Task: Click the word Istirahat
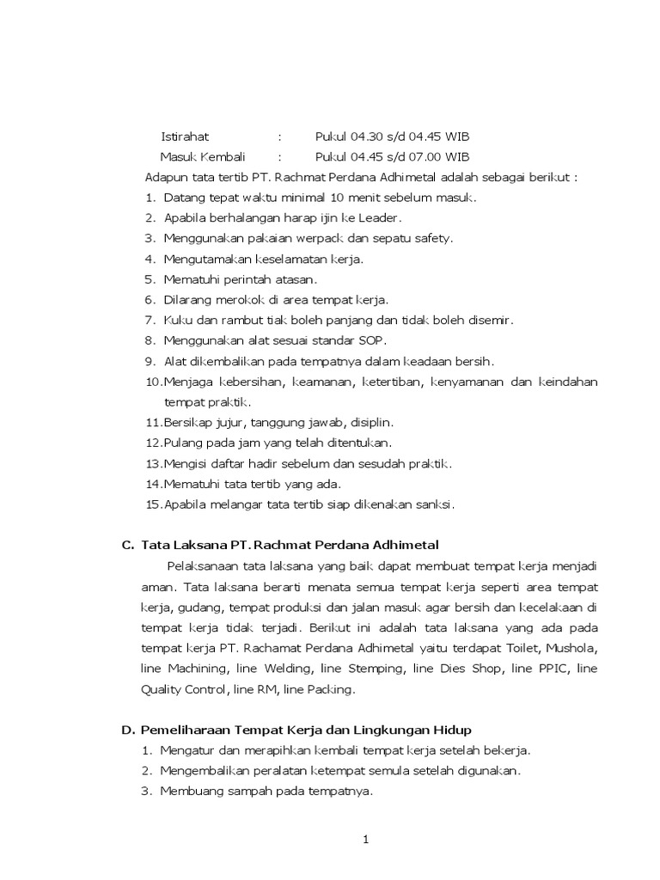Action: [185, 137]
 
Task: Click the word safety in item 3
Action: [434, 238]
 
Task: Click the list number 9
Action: [149, 361]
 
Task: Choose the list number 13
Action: [152, 464]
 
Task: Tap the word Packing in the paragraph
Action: [331, 688]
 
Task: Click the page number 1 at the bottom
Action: [364, 841]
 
